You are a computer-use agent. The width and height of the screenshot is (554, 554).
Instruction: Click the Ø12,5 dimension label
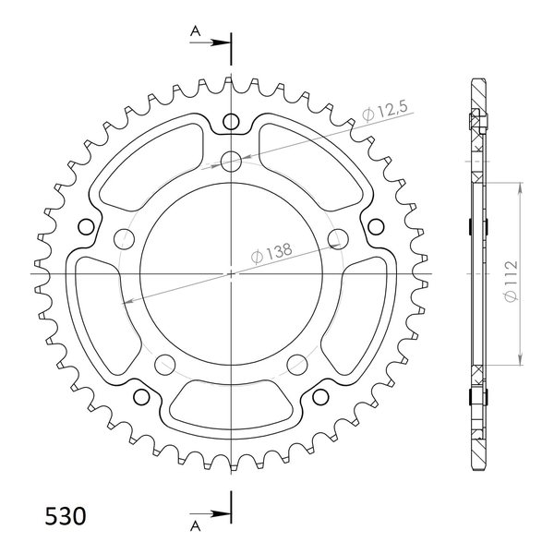[x=385, y=110]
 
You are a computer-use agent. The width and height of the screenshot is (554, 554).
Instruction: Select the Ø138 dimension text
[x=271, y=253]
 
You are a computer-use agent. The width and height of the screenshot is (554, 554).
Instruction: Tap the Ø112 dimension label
[x=511, y=281]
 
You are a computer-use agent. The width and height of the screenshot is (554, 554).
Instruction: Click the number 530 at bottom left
[x=66, y=516]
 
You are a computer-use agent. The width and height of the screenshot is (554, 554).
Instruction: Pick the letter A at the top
[x=196, y=31]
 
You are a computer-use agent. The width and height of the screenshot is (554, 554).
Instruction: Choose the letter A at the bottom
[x=196, y=526]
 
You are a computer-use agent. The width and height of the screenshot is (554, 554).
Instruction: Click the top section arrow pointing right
[x=210, y=42]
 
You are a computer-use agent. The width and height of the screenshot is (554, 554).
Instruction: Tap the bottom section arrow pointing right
[x=210, y=513]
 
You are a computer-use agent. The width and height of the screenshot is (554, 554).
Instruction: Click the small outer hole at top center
[x=231, y=122]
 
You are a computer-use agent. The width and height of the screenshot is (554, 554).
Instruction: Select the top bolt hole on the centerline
[x=231, y=162]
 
